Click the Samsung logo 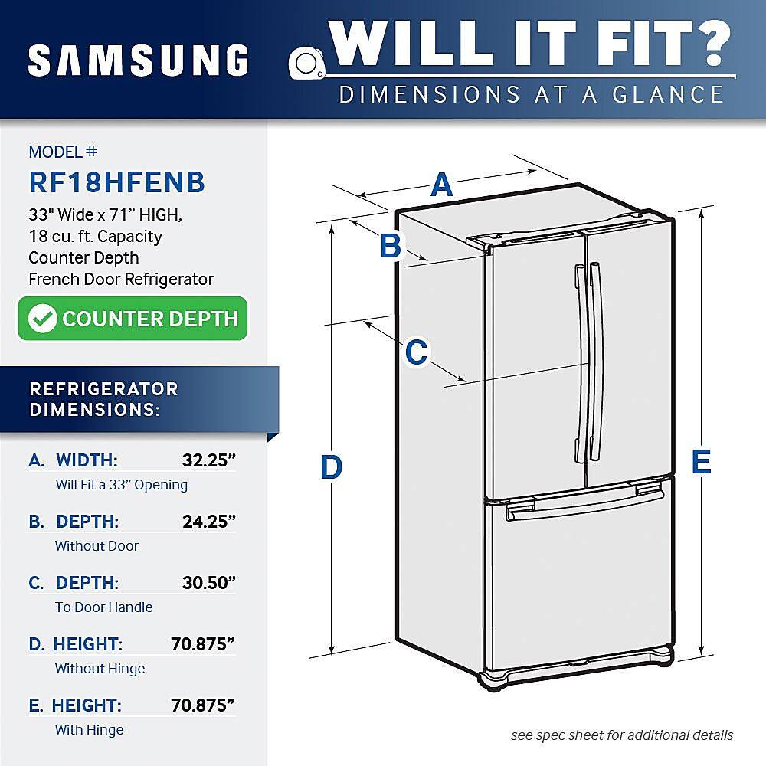(x=139, y=60)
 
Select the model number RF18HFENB (x=116, y=182)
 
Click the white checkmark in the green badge (x=43, y=319)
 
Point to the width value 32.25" (x=208, y=460)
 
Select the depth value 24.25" (x=208, y=522)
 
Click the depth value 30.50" (x=208, y=583)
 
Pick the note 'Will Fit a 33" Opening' (x=121, y=485)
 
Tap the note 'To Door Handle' (x=103, y=607)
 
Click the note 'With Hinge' (x=89, y=730)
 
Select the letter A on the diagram (x=442, y=185)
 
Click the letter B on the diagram (x=391, y=246)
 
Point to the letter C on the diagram (x=416, y=352)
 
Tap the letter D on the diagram (x=331, y=467)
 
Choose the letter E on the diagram (x=701, y=462)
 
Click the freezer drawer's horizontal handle (x=582, y=506)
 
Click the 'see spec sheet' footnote (x=622, y=735)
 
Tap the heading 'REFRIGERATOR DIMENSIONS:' (x=103, y=399)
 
